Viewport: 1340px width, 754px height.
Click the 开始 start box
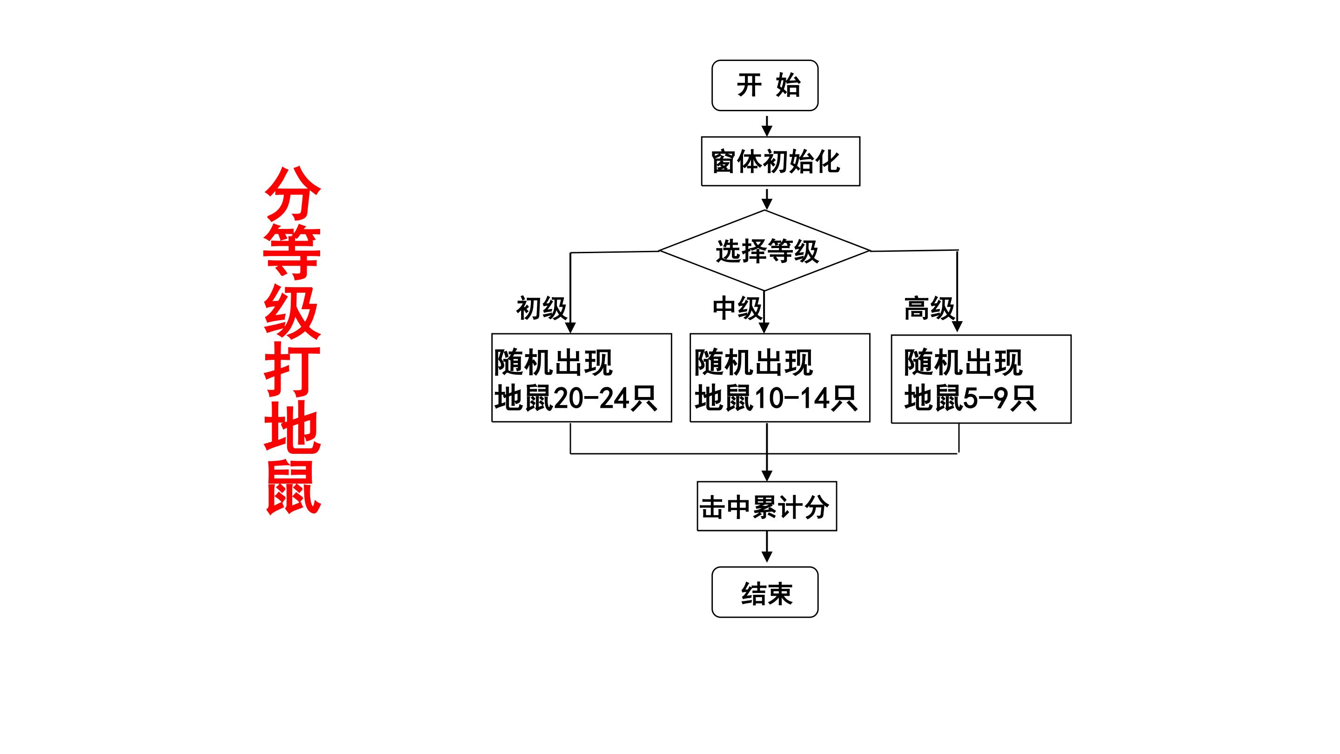764,85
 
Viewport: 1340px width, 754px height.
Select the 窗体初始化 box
780,162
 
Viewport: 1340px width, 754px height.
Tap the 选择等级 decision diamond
764,251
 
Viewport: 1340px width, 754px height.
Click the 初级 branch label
542,309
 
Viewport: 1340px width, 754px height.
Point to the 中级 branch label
737,309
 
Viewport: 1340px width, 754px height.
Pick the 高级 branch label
930,309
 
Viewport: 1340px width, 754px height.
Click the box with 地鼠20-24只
582,378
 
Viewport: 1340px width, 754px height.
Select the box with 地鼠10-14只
780,378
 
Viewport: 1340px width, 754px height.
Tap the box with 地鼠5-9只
981,379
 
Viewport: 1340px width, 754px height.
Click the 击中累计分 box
767,506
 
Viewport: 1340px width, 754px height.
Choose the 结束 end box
764,592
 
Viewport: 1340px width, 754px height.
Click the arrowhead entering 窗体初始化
767,131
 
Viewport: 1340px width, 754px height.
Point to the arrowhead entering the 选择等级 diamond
767,204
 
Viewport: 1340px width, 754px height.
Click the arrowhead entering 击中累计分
767,476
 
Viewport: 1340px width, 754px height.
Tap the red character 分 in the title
292,194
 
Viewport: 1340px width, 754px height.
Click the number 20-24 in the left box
591,398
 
